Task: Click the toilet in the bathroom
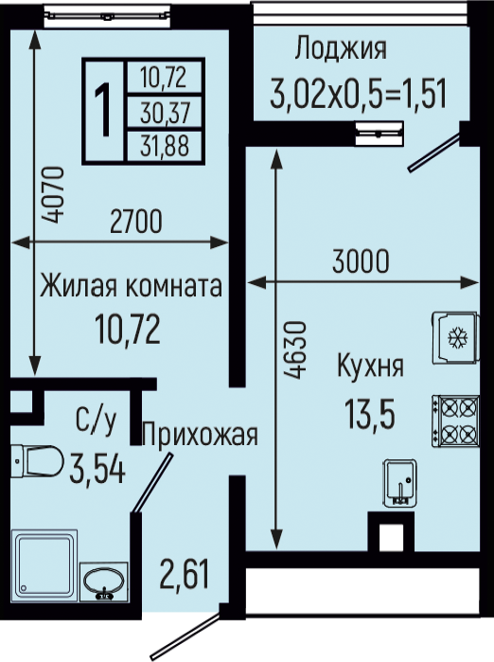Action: coord(37,461)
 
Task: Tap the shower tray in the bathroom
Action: coord(44,565)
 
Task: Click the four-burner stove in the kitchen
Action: coord(455,420)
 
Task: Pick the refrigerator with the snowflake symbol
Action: coord(455,337)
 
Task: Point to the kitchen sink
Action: coord(400,483)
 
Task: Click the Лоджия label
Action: coord(341,49)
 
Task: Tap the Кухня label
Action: coord(370,366)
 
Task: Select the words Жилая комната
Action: coord(131,286)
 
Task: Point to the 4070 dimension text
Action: coord(55,195)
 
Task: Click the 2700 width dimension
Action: coord(136,222)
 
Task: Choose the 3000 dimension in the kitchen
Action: coord(361,261)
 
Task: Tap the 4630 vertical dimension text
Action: coord(294,349)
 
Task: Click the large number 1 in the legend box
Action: coord(102,110)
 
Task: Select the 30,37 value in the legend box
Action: coord(165,113)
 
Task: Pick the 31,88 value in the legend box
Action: coord(165,145)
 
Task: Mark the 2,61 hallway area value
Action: coord(185,575)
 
